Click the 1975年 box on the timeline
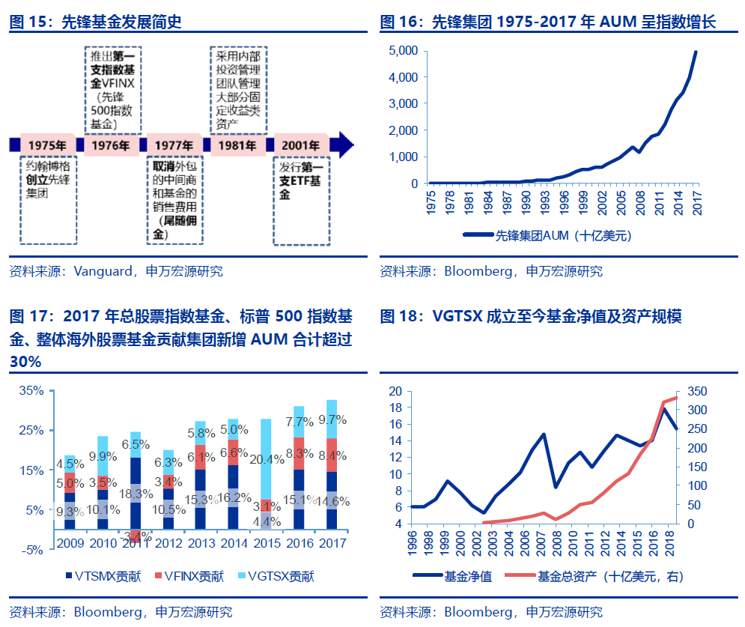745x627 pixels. (x=47, y=145)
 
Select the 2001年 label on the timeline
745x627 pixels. (x=299, y=145)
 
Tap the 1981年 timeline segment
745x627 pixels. (x=238, y=145)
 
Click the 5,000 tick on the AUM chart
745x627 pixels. (x=403, y=51)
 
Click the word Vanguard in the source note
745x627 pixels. (x=100, y=271)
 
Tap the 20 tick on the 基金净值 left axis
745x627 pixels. (x=395, y=391)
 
